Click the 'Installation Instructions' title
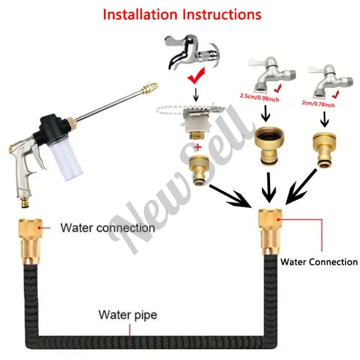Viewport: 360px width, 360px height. point(182,14)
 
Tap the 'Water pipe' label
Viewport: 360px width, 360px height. point(127,314)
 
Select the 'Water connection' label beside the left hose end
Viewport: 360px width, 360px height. point(107,228)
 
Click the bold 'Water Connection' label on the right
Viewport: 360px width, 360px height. point(319,262)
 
